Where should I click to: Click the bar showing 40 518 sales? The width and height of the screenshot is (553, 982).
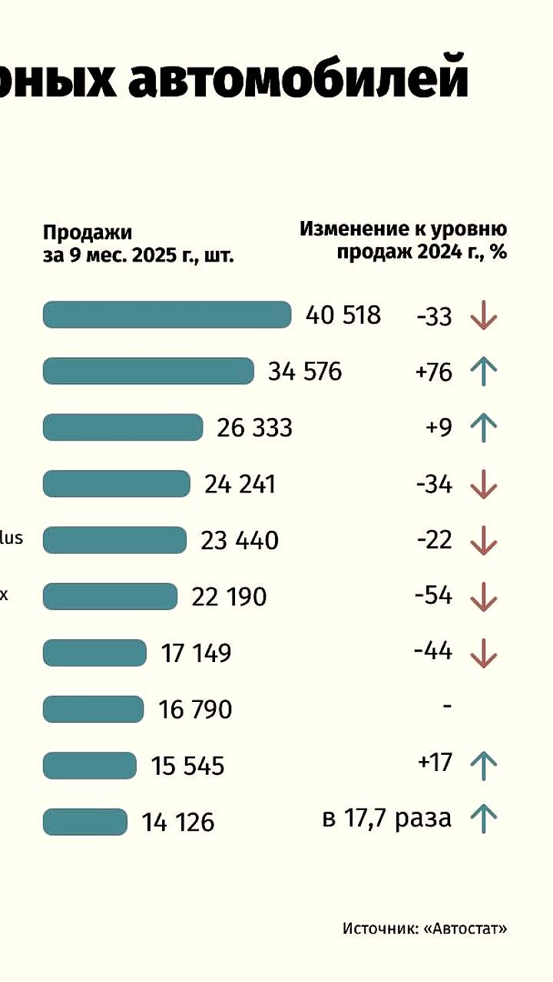(167, 315)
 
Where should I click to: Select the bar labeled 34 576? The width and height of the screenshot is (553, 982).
(148, 371)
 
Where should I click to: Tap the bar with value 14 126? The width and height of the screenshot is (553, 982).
(85, 822)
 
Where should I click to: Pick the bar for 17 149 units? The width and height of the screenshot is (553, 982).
(94, 653)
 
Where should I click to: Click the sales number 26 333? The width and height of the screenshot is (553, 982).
(254, 427)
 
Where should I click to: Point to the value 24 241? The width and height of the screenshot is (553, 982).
(240, 484)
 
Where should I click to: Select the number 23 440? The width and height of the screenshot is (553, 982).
(240, 541)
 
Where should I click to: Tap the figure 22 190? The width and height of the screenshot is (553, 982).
(229, 597)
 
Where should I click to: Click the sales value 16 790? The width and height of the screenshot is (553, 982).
(195, 710)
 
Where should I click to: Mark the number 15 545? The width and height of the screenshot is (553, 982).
(187, 766)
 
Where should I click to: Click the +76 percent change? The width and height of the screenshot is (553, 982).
(433, 372)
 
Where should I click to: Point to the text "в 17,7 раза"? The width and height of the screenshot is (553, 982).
(386, 818)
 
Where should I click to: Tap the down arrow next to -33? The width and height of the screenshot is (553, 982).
(483, 315)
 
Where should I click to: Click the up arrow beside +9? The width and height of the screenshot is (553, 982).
(483, 427)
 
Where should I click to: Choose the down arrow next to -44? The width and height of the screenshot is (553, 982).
(483, 653)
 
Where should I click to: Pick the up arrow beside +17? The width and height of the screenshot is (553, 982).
(483, 765)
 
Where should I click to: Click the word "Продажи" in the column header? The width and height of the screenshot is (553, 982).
(88, 232)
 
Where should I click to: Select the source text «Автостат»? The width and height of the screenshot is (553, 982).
(476, 928)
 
